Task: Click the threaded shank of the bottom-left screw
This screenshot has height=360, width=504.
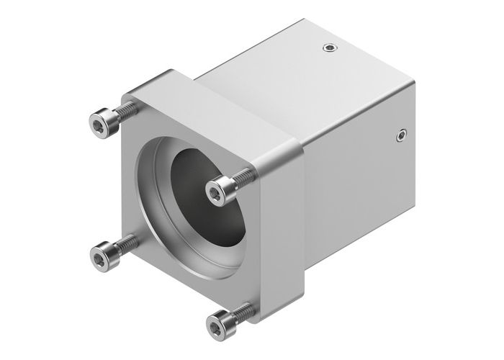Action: (128, 243)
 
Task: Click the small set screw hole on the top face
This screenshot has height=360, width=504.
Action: (330, 49)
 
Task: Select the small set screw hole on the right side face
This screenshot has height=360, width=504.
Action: (401, 134)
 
